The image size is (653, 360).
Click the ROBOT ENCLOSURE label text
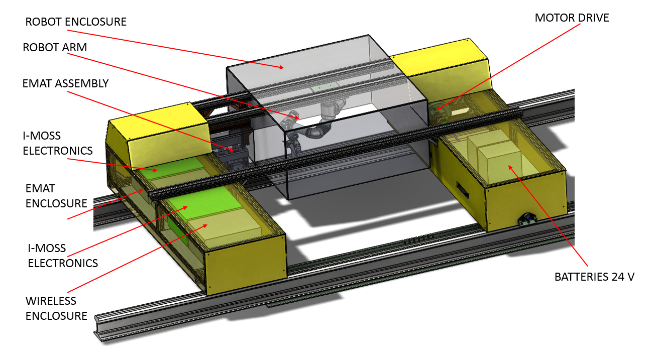76,22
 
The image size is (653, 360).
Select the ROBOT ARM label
55,47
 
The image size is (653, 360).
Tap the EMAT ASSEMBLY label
65,83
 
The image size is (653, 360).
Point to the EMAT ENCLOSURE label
56,196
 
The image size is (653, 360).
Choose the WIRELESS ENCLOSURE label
56,308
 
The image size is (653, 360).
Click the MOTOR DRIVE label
572,18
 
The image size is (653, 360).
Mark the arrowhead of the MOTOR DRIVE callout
438,109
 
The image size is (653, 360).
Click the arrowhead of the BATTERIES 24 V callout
509,167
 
